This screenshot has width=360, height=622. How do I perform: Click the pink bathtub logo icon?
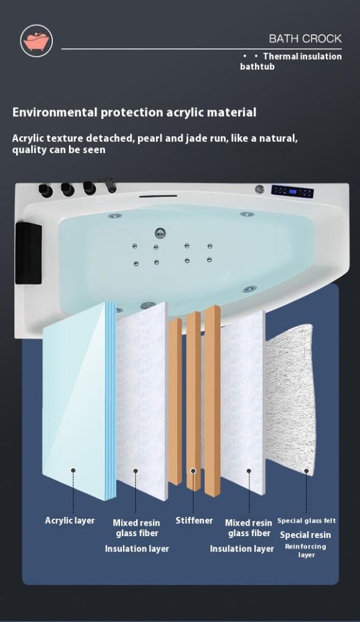pyautogui.click(x=36, y=41)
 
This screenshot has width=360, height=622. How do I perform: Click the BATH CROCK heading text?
pyautogui.click(x=305, y=39)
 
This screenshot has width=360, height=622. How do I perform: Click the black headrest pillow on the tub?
pyautogui.click(x=29, y=253)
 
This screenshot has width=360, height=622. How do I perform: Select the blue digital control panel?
pyautogui.click(x=292, y=192)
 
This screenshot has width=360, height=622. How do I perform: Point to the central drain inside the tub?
pyautogui.click(x=160, y=233)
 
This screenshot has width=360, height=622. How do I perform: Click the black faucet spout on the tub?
pyautogui.click(x=108, y=184)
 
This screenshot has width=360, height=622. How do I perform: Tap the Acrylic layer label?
pyautogui.click(x=70, y=521)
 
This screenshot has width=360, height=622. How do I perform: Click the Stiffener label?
pyautogui.click(x=194, y=521)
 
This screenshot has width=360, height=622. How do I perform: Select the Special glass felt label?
pyautogui.click(x=307, y=521)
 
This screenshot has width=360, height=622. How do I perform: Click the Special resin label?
pyautogui.click(x=305, y=535)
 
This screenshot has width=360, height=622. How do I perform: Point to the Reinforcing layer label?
pyautogui.click(x=306, y=550)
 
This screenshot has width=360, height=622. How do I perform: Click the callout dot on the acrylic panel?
pyautogui.click(x=73, y=470)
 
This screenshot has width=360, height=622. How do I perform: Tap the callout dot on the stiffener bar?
pyautogui.click(x=193, y=471)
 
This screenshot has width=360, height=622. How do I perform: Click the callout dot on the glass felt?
pyautogui.click(x=307, y=471)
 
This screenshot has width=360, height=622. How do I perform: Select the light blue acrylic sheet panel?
pyautogui.click(x=79, y=401)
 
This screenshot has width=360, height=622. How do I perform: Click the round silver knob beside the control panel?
pyautogui.click(x=260, y=189)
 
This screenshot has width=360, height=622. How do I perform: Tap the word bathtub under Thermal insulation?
pyautogui.click(x=257, y=67)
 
